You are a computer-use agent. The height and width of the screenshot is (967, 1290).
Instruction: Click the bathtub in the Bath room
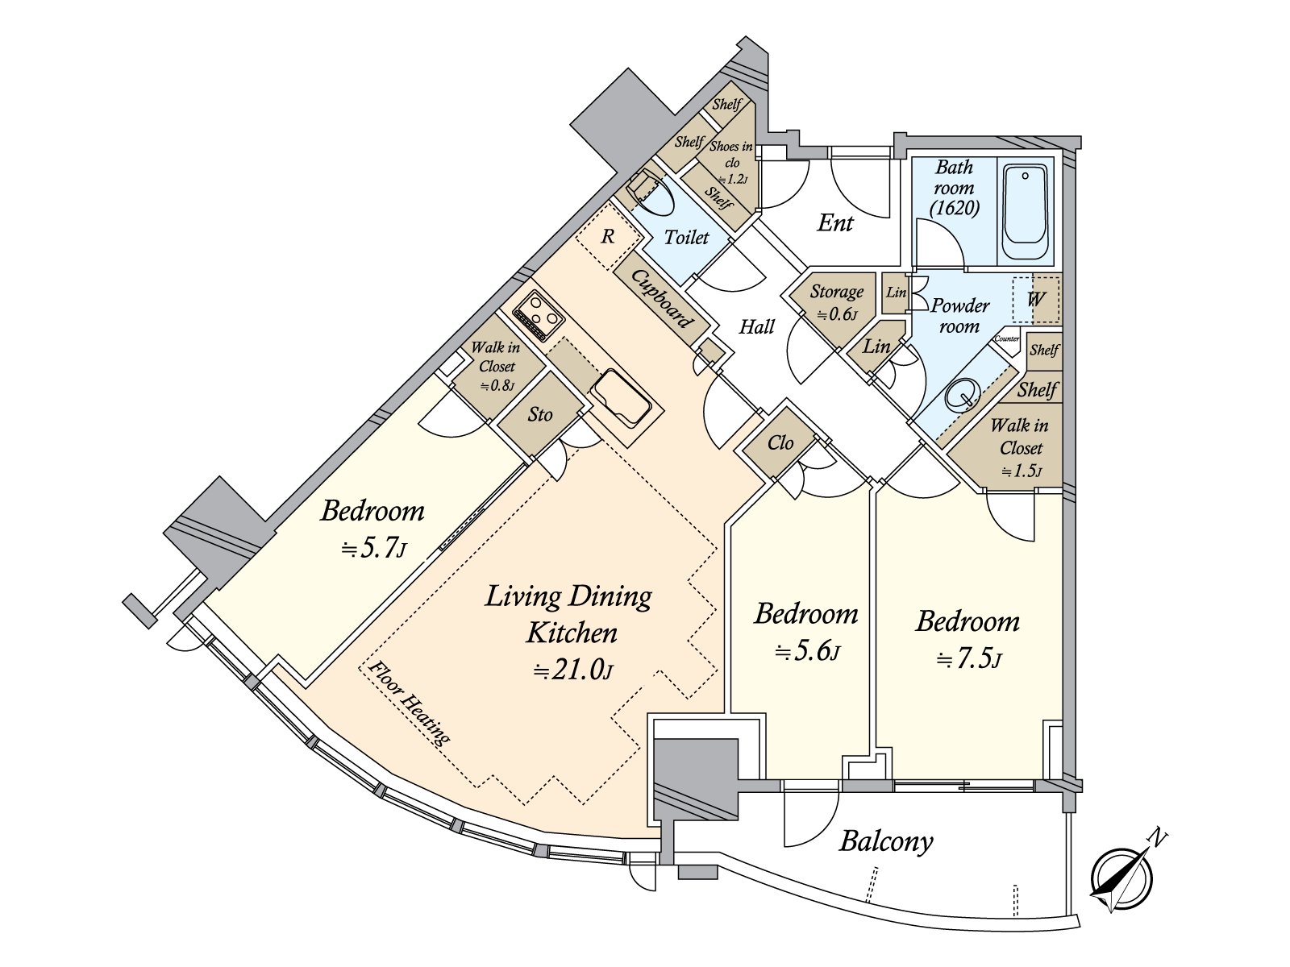click(x=1025, y=212)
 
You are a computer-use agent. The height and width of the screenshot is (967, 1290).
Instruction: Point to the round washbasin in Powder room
click(x=960, y=396)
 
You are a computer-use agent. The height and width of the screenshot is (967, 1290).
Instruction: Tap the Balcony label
click(x=885, y=842)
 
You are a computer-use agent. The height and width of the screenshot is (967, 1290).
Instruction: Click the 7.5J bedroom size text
click(x=968, y=660)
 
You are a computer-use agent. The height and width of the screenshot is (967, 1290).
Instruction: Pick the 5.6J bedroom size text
click(x=806, y=652)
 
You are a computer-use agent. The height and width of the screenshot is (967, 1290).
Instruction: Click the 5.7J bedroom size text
click(x=372, y=549)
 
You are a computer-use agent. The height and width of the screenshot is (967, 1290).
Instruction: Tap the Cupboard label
click(x=662, y=299)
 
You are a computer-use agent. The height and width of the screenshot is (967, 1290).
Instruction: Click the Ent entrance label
click(x=834, y=222)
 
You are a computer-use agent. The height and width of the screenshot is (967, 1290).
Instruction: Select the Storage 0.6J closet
click(x=836, y=301)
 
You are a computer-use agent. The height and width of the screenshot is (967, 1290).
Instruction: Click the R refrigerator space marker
click(x=608, y=237)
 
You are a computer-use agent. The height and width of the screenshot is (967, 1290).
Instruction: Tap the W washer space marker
click(x=1035, y=299)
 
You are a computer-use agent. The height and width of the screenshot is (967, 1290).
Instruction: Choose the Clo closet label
click(x=780, y=442)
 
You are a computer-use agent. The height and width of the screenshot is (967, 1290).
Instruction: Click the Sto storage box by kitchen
click(x=539, y=414)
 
